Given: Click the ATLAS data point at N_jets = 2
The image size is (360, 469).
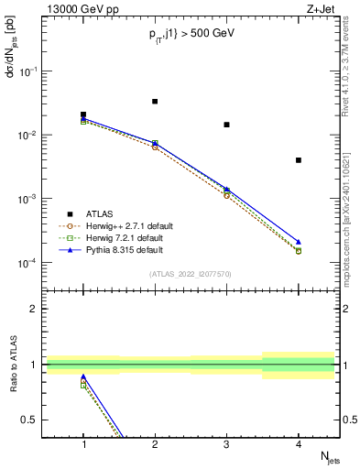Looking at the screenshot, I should (x=155, y=101).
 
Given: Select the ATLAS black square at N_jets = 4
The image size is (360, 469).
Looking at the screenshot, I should (x=299, y=160).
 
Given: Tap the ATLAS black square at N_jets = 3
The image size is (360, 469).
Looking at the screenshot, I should (x=226, y=125).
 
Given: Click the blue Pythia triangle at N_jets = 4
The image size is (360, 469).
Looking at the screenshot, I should (x=299, y=242).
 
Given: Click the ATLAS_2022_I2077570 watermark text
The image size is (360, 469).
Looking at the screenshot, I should (x=191, y=274).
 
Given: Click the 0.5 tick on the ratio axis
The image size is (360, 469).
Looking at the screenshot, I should (x=34, y=420).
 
